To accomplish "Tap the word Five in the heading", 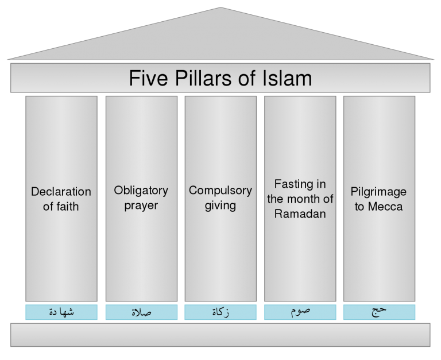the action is [x=148, y=78].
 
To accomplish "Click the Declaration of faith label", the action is [x=61, y=199].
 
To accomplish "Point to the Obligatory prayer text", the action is [x=141, y=198].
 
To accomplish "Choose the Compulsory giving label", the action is [x=220, y=198].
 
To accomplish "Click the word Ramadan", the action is [x=300, y=214].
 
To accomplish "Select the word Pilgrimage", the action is [x=378, y=192].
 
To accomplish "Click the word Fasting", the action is [x=293, y=184].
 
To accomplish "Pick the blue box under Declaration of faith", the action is [x=61, y=312].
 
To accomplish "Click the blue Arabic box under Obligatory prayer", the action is [x=141, y=312].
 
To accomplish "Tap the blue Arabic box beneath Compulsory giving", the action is [x=220, y=312].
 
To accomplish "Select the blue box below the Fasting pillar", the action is [x=300, y=312].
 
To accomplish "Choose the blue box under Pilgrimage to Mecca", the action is [x=379, y=312].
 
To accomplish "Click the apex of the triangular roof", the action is [x=220, y=7].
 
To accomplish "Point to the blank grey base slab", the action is [x=220, y=335].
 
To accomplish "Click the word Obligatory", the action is [x=141, y=191].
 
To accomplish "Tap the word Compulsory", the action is [x=220, y=191].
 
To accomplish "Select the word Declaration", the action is [x=61, y=192].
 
